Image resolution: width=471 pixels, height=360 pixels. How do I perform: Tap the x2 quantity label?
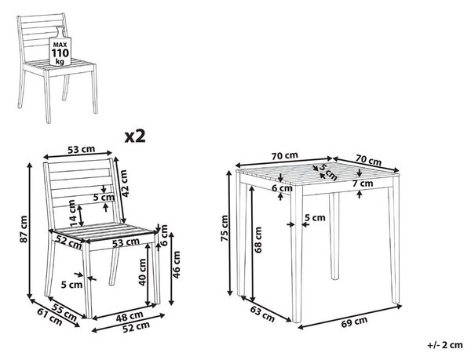[x=135, y=136]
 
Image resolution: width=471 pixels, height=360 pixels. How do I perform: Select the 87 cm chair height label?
[x=24, y=229]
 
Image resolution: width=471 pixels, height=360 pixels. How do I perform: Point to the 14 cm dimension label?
[x=73, y=213]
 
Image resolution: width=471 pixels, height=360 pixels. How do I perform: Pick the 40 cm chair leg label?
[x=142, y=272]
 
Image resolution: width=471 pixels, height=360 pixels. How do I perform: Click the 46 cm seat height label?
[x=176, y=264]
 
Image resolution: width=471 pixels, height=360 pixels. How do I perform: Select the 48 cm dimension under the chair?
[x=130, y=316]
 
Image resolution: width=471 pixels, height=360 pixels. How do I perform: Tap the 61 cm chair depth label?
[x=50, y=317]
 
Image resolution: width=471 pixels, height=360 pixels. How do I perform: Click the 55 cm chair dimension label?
[x=64, y=311]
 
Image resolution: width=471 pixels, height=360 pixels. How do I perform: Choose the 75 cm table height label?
[x=225, y=228]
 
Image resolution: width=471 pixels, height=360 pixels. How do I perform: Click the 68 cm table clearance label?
[x=257, y=239]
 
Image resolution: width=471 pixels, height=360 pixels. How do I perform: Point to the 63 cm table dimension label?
[x=262, y=313]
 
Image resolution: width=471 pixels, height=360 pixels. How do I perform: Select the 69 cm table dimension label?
[x=354, y=322]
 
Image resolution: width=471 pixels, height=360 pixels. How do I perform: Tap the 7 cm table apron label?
[x=363, y=183]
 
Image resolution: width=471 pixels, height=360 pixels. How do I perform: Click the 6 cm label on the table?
[x=282, y=188]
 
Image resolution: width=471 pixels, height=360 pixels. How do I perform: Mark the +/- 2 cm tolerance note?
[x=445, y=345]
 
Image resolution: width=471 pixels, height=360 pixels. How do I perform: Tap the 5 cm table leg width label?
[x=315, y=217]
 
